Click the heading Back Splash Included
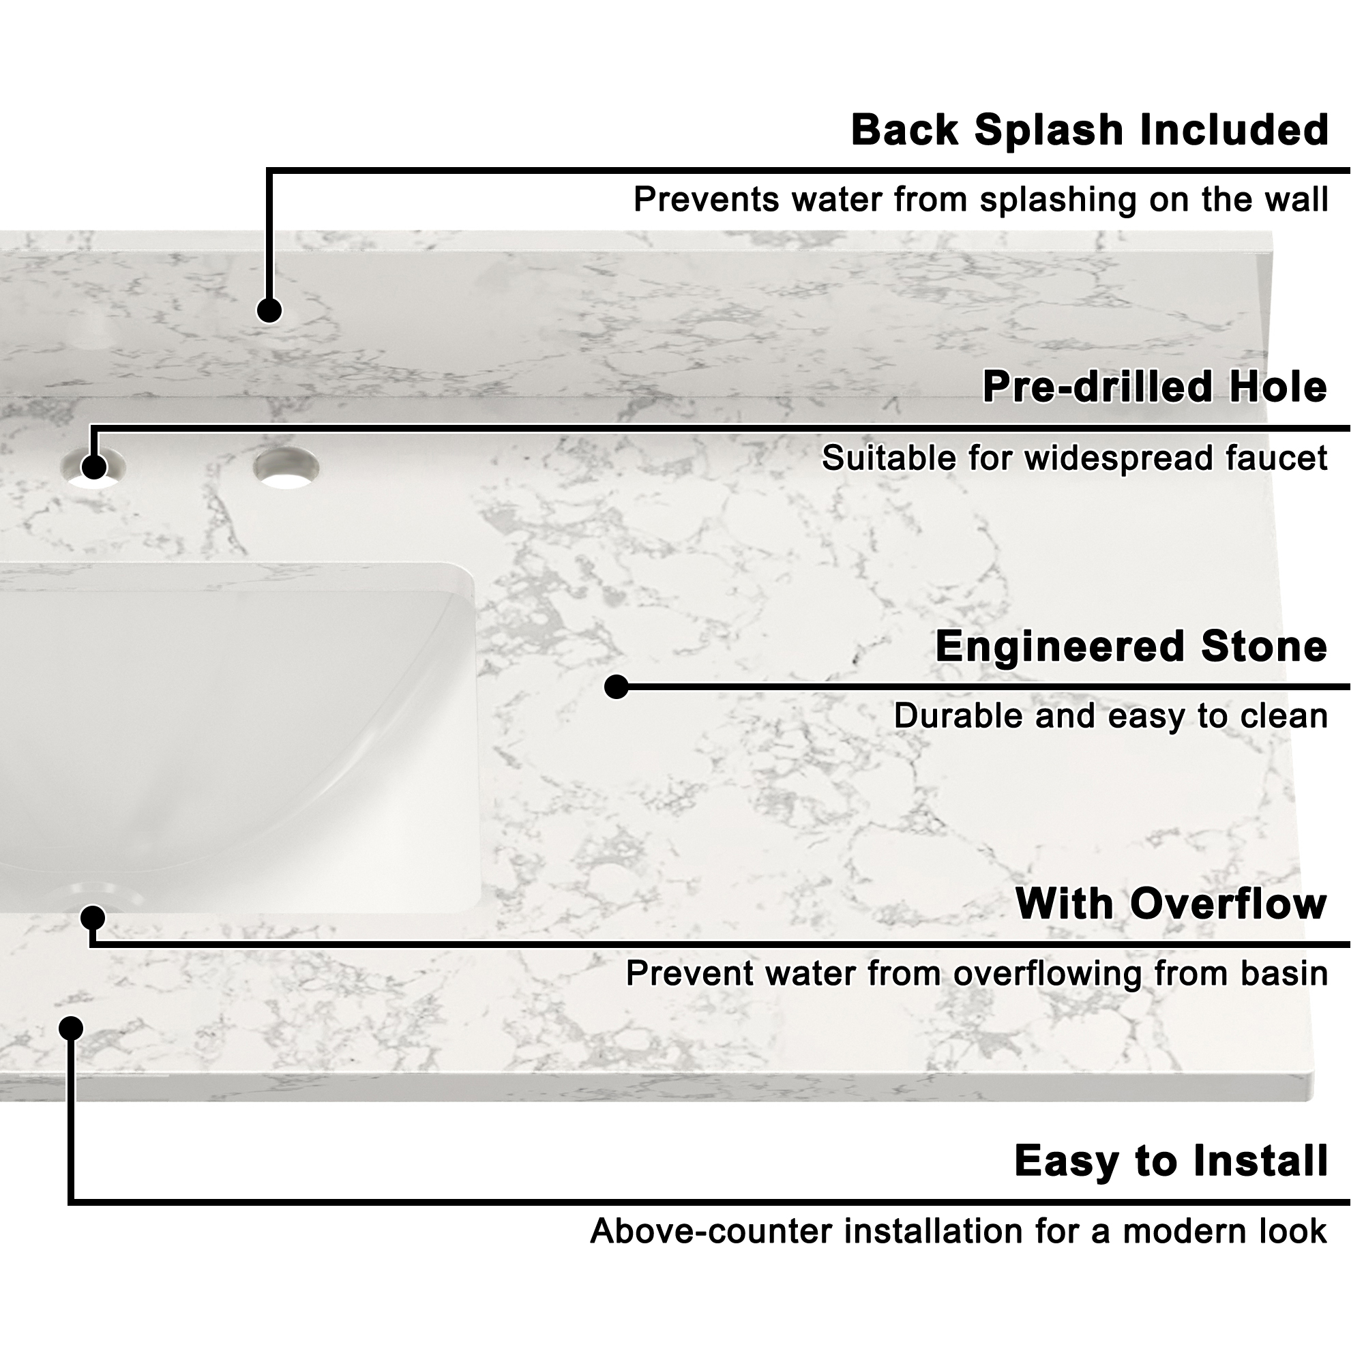[x=1089, y=131]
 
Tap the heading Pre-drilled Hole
[x=1155, y=387]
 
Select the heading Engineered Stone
[x=1131, y=647]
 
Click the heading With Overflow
[x=1170, y=904]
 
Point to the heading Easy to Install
[x=1170, y=1161]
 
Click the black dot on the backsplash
[x=269, y=310]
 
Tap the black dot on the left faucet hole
[x=93, y=467]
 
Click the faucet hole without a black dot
[x=286, y=467]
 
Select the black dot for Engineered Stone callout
[x=617, y=687]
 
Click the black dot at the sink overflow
[x=93, y=919]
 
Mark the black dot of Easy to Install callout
[x=71, y=1028]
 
